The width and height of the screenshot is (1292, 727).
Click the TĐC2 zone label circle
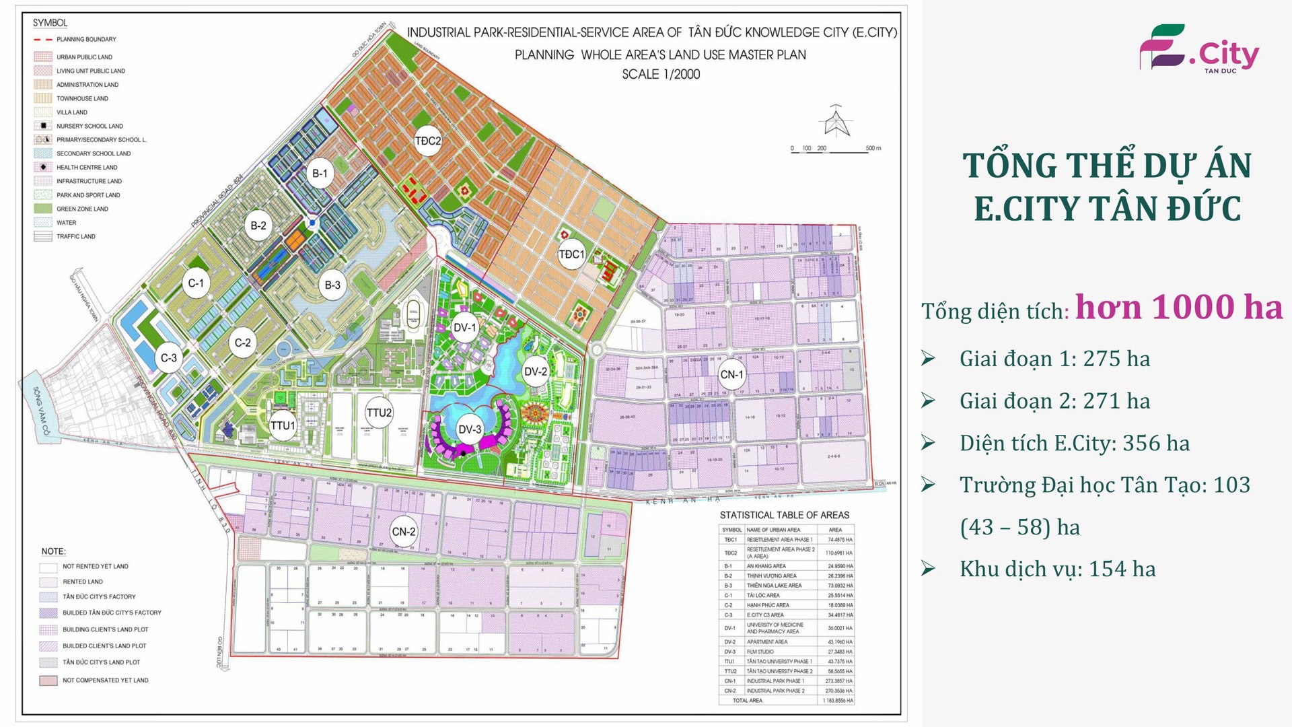coord(428,141)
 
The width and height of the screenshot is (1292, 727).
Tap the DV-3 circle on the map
coord(470,429)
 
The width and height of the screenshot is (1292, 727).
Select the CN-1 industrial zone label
coord(731,375)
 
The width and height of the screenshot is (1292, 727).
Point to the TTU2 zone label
coord(379,413)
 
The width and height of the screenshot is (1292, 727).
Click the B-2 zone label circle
coord(258,226)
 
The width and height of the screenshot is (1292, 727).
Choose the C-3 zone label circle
coord(169,357)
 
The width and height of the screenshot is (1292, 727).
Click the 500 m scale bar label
coord(873,148)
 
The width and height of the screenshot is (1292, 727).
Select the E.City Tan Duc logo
coord(1198,49)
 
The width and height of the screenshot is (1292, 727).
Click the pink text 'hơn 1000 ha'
coord(1178,308)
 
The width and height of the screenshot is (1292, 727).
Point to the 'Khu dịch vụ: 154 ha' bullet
coord(1057,569)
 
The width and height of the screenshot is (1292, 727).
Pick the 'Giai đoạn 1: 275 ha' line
coord(1054,359)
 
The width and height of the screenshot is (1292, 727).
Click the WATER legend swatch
coord(43,223)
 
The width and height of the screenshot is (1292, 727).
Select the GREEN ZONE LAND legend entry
coord(82,209)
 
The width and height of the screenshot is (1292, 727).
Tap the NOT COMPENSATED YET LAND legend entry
coord(105,681)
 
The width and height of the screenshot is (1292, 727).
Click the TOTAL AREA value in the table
coord(838,701)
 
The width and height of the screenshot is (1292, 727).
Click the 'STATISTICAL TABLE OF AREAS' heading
coord(784,515)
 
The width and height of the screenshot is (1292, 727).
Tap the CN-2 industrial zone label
coord(404,531)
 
